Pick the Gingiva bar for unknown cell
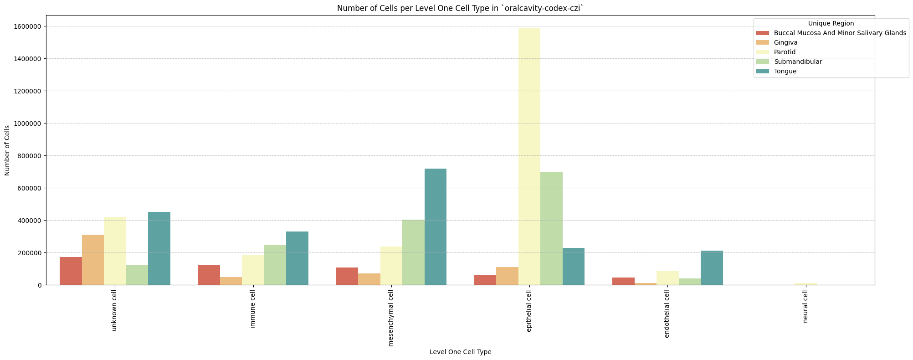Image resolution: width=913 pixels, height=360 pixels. (93, 260)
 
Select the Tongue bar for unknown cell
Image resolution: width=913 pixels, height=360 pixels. (159, 248)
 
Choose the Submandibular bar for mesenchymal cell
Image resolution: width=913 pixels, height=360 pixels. (413, 252)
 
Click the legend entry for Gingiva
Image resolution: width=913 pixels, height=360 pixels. (785, 42)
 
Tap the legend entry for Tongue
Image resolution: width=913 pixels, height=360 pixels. (785, 71)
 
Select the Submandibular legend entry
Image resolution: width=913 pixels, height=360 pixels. (798, 62)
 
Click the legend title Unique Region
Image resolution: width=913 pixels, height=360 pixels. (831, 23)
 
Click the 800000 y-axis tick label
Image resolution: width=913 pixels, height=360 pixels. (28, 156)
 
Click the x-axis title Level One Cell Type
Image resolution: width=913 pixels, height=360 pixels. (460, 352)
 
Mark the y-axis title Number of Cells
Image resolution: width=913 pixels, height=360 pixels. (7, 150)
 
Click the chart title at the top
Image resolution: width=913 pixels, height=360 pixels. (460, 8)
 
